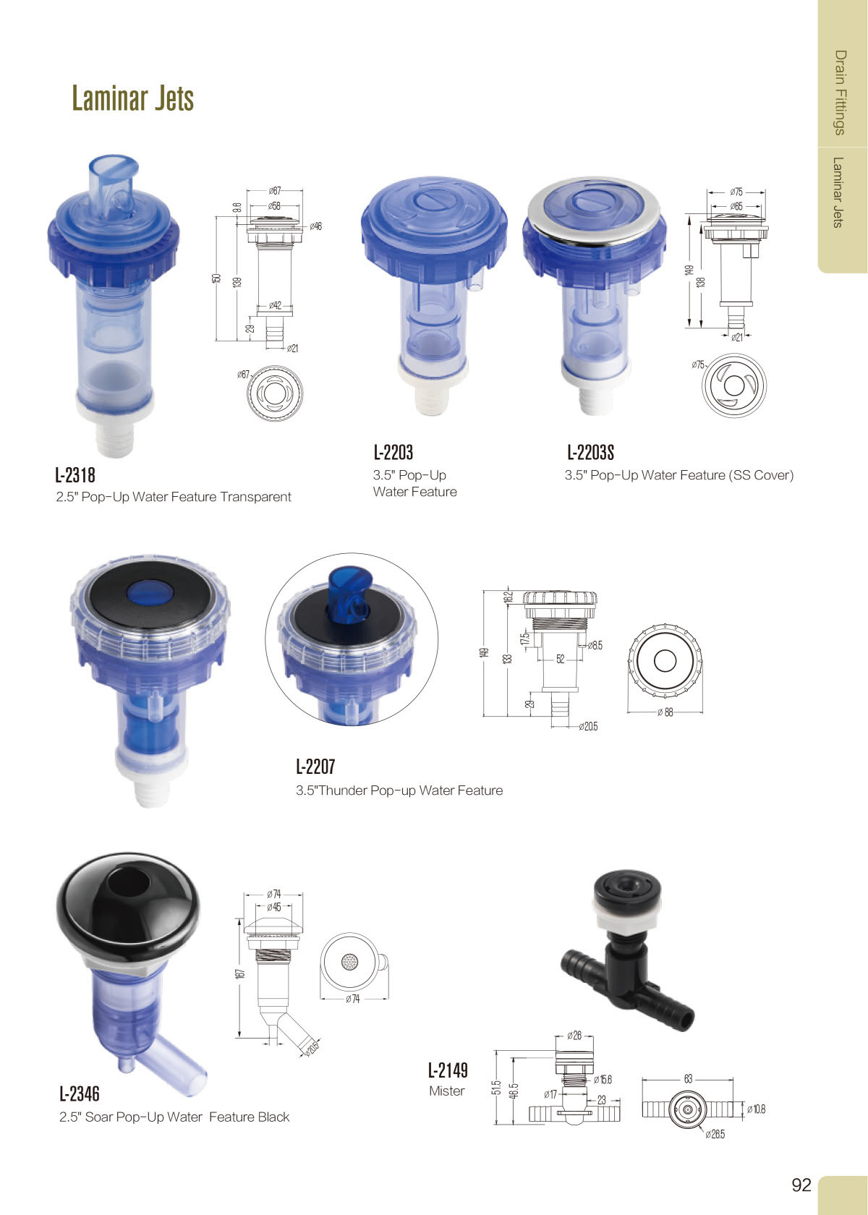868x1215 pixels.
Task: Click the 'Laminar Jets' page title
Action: pos(132,98)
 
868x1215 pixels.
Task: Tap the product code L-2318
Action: pos(75,475)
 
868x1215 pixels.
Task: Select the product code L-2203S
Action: pos(591,453)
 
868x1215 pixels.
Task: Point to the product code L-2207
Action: pos(315,767)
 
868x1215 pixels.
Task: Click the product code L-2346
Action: pos(80,1094)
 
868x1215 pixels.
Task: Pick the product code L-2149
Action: pos(448,1070)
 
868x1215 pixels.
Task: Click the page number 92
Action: pos(801,1185)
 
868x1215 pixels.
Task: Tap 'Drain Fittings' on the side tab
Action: pos(840,93)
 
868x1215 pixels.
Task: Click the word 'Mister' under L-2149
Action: pos(447,1091)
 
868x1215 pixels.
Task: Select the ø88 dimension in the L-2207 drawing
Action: pos(665,712)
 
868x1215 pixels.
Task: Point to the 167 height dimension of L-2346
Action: pos(241,973)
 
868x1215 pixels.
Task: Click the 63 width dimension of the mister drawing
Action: pos(688,1078)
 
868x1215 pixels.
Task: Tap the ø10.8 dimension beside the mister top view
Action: pos(757,1109)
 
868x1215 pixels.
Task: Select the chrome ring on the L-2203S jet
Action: pos(593,209)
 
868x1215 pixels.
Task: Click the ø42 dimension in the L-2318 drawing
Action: pos(276,305)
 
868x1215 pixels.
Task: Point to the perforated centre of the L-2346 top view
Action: pos(350,962)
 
